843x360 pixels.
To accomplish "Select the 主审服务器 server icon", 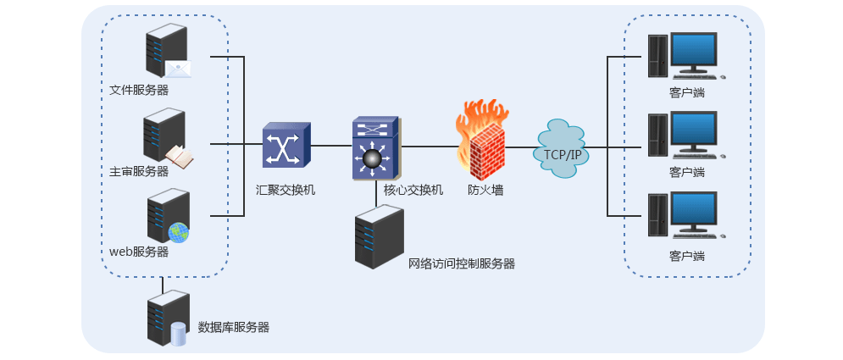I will click(x=164, y=136).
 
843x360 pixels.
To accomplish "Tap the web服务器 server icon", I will click(x=165, y=216).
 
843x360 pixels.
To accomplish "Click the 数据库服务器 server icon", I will click(x=165, y=318).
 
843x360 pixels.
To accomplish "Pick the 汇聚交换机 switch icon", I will click(x=286, y=145).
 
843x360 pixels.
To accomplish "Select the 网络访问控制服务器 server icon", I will click(x=379, y=238).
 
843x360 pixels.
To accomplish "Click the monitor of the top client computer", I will click(x=693, y=53).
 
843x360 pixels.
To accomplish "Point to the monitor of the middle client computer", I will click(x=693, y=133).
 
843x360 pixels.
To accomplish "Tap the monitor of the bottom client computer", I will click(x=693, y=213).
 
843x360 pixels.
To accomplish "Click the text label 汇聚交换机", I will click(x=286, y=190).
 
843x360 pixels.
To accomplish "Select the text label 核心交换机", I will click(x=413, y=190).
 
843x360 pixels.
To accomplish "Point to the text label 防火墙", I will click(x=485, y=190).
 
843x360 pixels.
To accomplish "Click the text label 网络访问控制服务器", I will click(x=462, y=263).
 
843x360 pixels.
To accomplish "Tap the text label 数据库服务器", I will click(x=233, y=327).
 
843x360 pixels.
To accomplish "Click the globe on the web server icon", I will click(x=178, y=232).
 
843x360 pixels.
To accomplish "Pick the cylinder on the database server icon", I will click(x=178, y=334).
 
